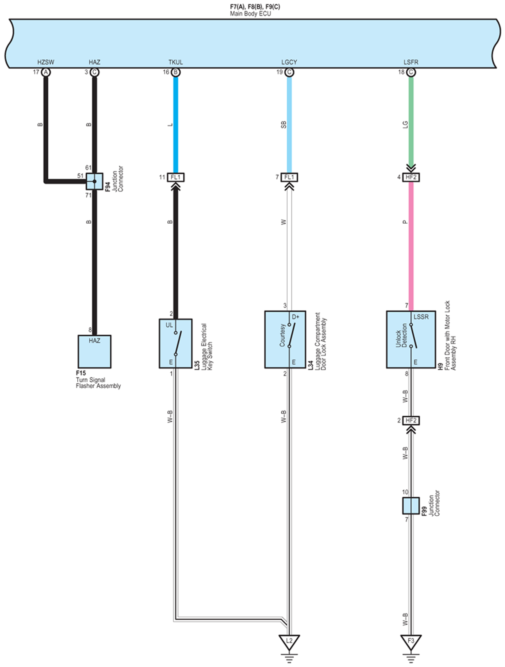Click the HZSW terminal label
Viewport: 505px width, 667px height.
[x=45, y=62]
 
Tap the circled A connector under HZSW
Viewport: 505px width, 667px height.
[x=46, y=72]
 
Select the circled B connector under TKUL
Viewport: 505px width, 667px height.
[x=176, y=72]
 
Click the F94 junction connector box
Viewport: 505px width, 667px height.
[x=94, y=181]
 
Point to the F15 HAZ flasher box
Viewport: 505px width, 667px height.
[x=94, y=351]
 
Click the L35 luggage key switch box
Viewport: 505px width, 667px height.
[x=175, y=343]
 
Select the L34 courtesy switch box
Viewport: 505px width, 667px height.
[x=285, y=339]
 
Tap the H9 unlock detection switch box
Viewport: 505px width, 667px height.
[x=410, y=339]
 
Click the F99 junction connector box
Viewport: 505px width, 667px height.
[x=410, y=505]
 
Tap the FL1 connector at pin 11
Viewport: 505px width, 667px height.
[x=176, y=177]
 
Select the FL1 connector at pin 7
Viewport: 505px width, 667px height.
[x=289, y=177]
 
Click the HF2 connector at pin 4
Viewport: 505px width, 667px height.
[x=411, y=177]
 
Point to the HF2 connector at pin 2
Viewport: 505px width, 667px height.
[x=411, y=420]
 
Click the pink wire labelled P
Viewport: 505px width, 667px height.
[x=411, y=245]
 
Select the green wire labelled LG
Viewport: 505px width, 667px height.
[x=411, y=123]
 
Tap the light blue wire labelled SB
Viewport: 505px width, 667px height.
[x=289, y=123]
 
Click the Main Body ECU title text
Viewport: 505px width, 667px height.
[x=250, y=13]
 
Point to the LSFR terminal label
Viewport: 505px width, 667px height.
[x=411, y=62]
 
